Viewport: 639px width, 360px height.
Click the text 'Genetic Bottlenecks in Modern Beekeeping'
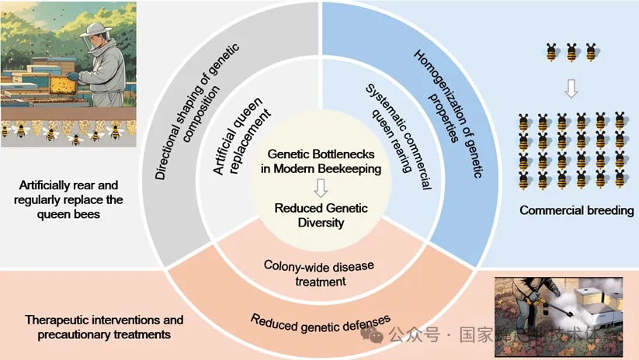coord(319,161)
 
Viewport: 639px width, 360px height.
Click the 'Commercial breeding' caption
coord(576,210)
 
